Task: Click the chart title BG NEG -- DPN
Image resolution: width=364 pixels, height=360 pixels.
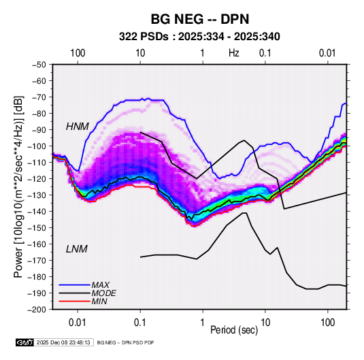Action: pos(200,19)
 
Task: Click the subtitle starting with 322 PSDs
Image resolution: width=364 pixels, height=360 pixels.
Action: pos(199,37)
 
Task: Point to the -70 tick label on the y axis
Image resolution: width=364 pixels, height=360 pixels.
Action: pos(39,97)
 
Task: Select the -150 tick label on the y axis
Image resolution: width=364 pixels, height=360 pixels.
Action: pos(37,227)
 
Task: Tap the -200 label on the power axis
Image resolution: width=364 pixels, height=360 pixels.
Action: pos(37,310)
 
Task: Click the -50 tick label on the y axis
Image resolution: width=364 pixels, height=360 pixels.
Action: pos(39,65)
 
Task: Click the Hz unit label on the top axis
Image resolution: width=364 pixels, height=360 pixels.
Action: pos(234,53)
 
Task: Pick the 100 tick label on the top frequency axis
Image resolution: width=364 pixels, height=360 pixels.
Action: pos(78,53)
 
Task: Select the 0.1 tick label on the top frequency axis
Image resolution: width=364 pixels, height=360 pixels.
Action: pos(265,53)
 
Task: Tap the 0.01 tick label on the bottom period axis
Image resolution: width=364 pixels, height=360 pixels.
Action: pos(78,323)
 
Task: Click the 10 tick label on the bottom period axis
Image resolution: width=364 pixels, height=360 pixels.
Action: pos(265,323)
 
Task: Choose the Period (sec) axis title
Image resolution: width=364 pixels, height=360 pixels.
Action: pos(234,330)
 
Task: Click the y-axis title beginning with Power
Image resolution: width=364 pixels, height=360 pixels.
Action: pos(18,186)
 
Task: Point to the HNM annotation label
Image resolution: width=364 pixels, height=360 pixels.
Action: pos(78,127)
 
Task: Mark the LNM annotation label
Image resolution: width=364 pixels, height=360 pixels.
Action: pos(77,249)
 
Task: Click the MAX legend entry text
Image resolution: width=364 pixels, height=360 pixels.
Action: pos(100,285)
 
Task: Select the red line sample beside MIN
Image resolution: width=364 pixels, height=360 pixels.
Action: pos(74,301)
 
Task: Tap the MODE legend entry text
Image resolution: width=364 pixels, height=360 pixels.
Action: pos(104,293)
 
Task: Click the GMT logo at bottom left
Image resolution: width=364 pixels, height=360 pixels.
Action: pos(24,342)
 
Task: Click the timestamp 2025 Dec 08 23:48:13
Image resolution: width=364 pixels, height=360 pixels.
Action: pos(63,342)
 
